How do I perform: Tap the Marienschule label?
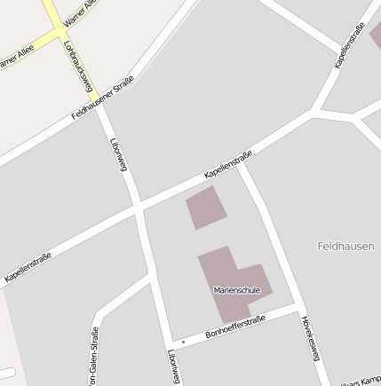click(235, 289)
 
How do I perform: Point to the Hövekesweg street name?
click(309, 338)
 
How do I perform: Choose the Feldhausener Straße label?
click(102, 98)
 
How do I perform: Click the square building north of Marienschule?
click(206, 208)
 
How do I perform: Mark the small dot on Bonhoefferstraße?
click(183, 341)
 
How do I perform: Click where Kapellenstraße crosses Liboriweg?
click(138, 209)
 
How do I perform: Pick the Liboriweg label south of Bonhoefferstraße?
click(173, 366)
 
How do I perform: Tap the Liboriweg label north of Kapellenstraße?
click(118, 154)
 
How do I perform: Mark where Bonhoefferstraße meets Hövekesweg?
click(295, 310)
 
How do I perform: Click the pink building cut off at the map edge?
click(376, 35)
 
